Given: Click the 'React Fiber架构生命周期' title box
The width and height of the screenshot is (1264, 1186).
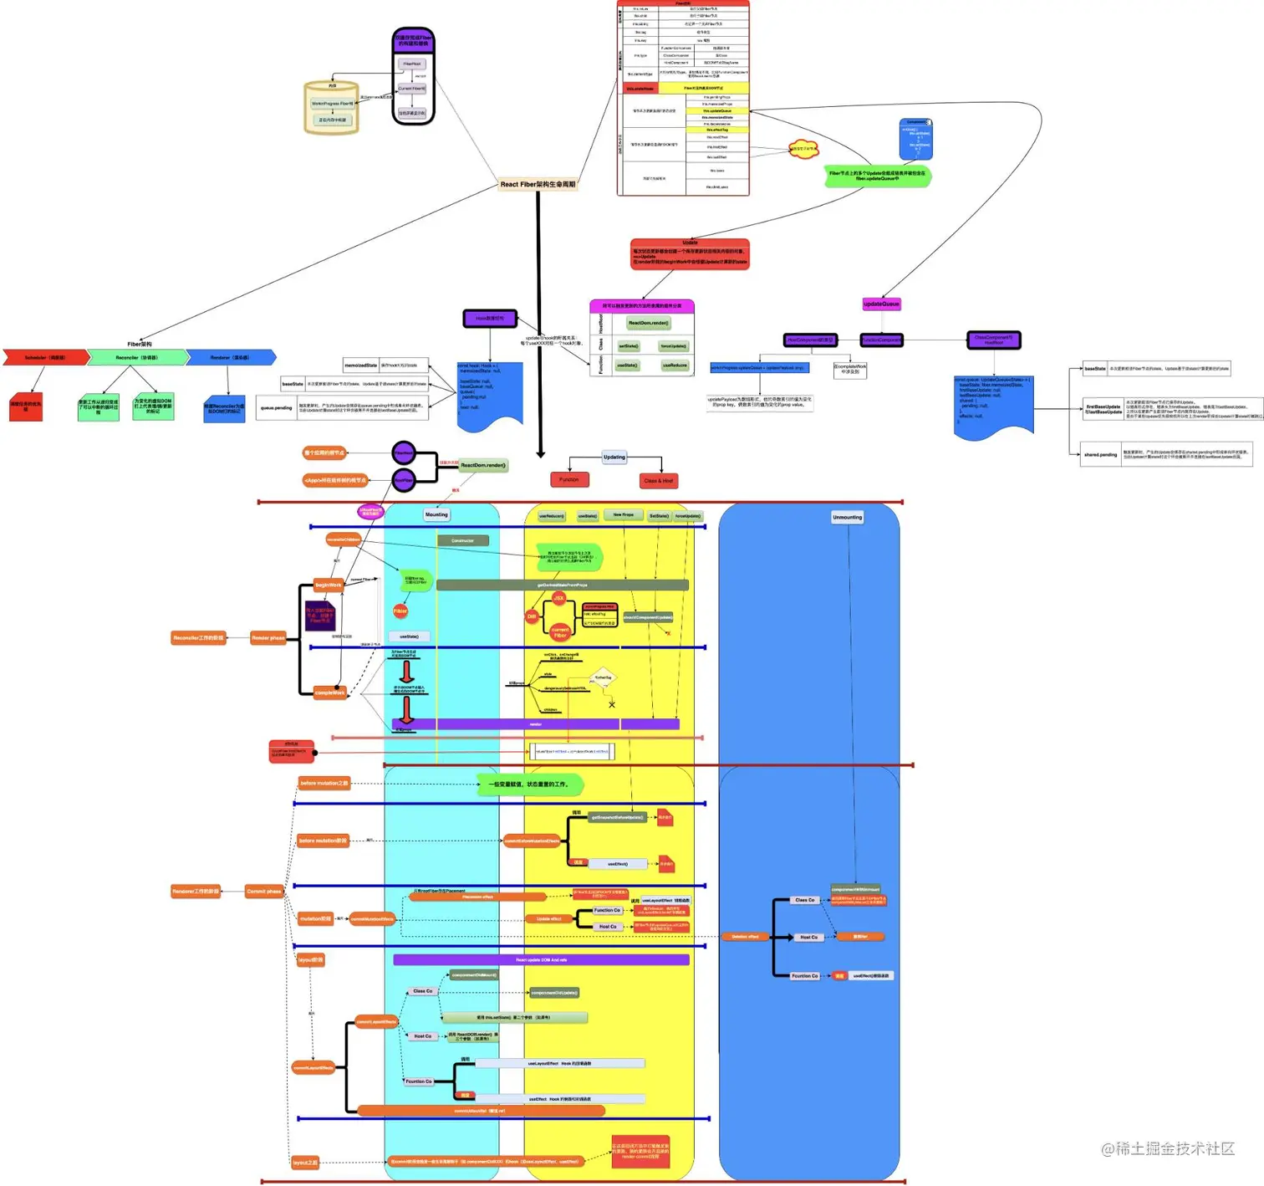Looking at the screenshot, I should click(538, 184).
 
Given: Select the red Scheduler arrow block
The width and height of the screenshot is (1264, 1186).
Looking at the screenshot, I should click(45, 357).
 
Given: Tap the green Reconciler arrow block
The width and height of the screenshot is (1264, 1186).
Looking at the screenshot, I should click(138, 357).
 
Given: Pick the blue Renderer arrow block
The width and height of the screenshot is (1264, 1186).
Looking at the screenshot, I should click(230, 357).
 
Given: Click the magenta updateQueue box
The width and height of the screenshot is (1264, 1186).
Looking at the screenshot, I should click(881, 304).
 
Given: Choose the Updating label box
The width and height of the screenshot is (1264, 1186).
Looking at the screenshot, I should click(614, 457).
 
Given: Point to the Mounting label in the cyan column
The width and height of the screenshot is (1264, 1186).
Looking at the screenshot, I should click(436, 514).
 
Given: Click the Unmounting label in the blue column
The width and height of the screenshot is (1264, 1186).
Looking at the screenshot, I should click(847, 517).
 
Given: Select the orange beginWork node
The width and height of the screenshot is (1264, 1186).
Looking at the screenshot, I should click(329, 585).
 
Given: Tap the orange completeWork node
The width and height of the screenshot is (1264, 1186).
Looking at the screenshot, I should click(329, 693).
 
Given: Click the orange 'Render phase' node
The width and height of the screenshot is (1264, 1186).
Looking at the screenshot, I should click(268, 637).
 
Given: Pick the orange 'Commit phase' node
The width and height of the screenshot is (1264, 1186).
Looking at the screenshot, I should click(264, 892).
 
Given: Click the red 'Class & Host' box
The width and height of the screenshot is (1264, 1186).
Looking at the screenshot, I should click(659, 480).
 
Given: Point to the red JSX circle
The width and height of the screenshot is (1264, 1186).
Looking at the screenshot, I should click(558, 598).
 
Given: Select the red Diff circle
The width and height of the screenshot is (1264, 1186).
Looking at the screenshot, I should click(532, 616).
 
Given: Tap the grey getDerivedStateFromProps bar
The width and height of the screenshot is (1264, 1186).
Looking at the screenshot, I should click(562, 585).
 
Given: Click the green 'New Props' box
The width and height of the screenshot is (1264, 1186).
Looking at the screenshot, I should click(624, 515).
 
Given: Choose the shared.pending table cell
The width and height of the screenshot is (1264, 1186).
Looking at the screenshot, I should click(1100, 455).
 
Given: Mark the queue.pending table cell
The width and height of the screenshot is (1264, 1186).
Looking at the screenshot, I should click(276, 408).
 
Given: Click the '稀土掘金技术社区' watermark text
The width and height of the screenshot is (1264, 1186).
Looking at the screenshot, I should click(1168, 1148).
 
